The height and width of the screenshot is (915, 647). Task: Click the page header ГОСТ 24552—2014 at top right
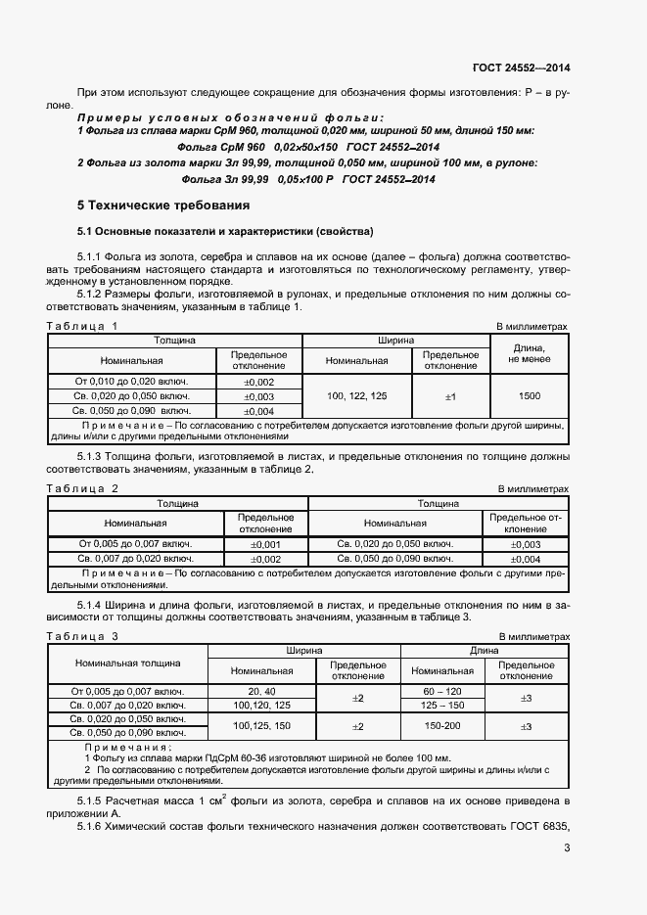click(520, 69)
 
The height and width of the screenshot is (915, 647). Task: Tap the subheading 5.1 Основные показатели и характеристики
click(225, 232)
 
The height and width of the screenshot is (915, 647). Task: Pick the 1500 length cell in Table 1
click(530, 395)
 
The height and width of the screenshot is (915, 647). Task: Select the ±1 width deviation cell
click(451, 395)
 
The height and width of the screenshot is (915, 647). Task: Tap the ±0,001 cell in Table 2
click(266, 544)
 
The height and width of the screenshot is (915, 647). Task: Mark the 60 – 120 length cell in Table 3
click(442, 691)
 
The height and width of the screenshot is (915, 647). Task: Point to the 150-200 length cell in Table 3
click(442, 726)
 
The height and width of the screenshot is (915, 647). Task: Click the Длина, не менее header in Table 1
click(530, 353)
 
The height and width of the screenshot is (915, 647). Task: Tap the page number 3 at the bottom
click(567, 847)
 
